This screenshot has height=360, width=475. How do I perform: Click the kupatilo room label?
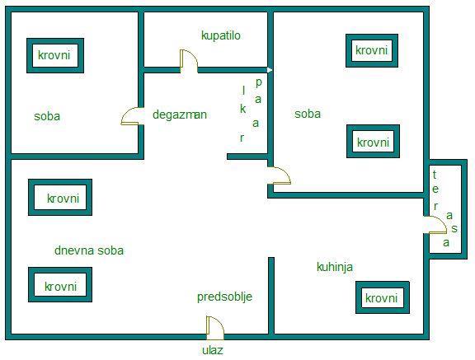[x=221, y=35]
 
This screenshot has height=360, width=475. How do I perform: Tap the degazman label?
[x=180, y=115]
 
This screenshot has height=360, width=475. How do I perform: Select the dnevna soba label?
[x=89, y=250]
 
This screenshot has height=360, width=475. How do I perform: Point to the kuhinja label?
[x=335, y=267]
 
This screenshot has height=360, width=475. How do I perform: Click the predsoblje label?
[x=225, y=297]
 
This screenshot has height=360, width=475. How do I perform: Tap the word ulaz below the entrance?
[x=213, y=350]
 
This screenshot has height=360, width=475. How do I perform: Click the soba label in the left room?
[x=47, y=116]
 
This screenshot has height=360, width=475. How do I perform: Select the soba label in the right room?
[x=308, y=114]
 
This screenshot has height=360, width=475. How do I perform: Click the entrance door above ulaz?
[x=214, y=328]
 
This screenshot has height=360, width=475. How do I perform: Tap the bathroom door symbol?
[x=189, y=61]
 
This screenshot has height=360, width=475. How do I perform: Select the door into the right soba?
[x=279, y=175]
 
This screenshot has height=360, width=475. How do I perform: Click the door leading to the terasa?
[x=435, y=225]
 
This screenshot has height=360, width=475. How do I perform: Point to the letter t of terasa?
[x=435, y=175]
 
